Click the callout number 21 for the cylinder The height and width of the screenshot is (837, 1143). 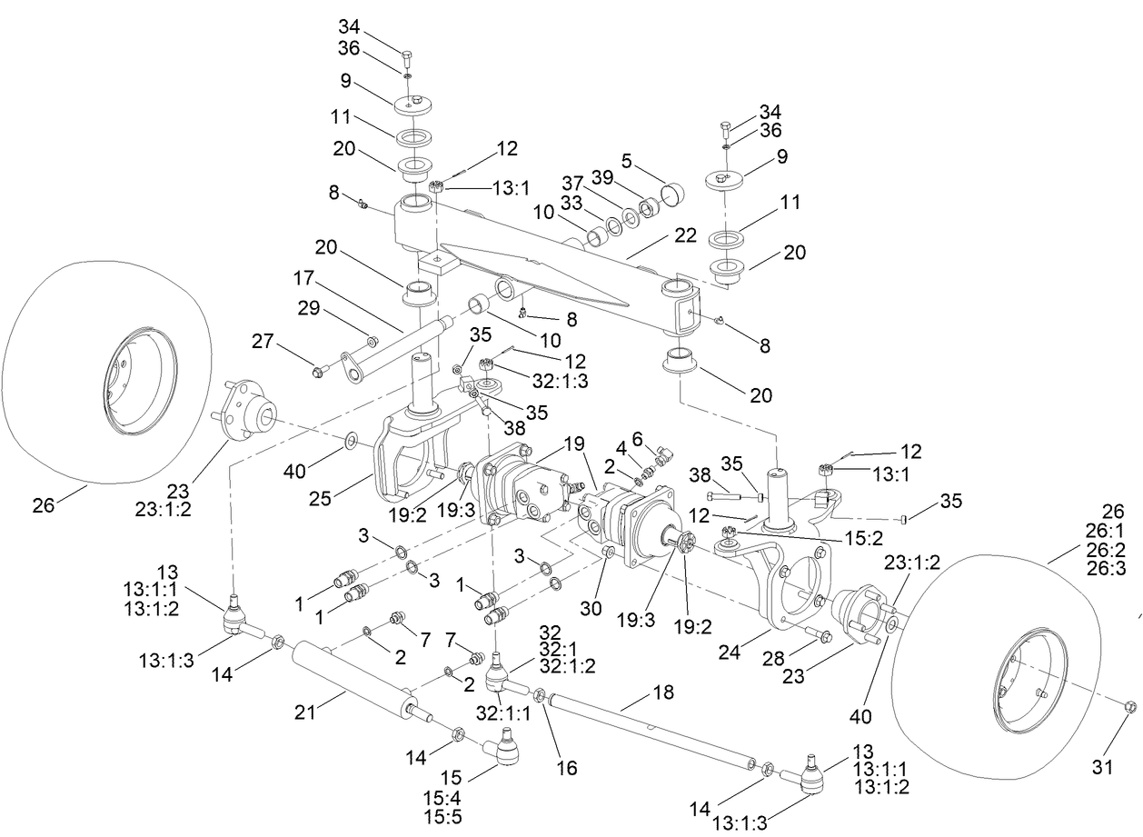click(x=304, y=711)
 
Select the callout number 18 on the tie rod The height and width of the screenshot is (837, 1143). click(x=663, y=693)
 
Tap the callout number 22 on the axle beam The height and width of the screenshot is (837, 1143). click(x=685, y=235)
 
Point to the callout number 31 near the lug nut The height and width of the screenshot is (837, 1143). click(x=1102, y=768)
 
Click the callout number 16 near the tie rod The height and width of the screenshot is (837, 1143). click(x=566, y=767)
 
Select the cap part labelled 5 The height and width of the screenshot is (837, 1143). click(x=674, y=194)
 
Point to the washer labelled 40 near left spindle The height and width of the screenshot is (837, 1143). click(x=351, y=443)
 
